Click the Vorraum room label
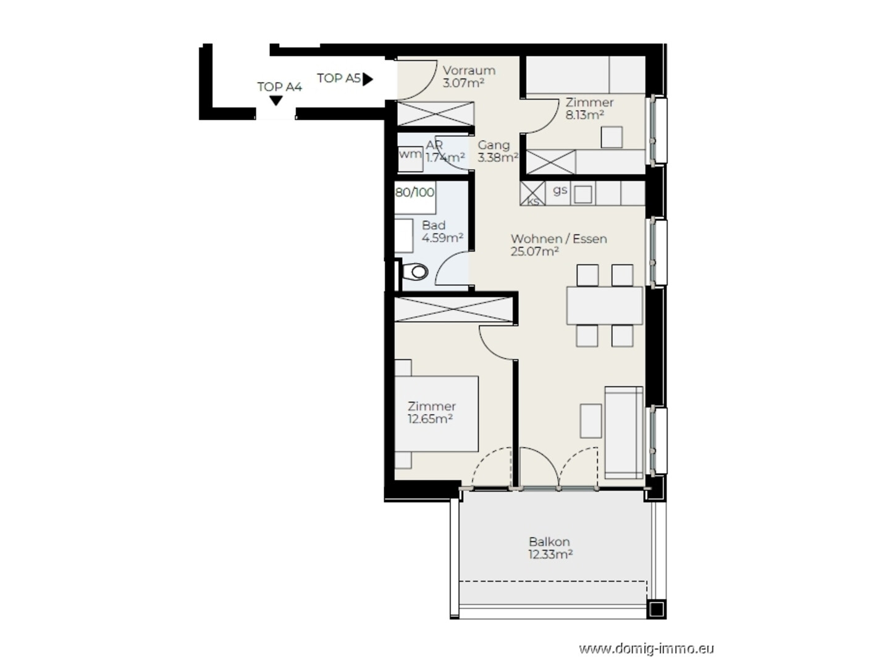click(469, 70)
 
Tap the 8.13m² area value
click(584, 115)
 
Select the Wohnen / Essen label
click(558, 238)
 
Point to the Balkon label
click(549, 542)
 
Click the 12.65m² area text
click(430, 419)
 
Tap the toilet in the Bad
click(415, 272)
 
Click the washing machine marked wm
click(410, 158)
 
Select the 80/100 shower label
click(414, 192)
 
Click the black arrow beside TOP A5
click(368, 79)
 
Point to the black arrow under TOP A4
click(276, 101)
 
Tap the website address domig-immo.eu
click(646, 649)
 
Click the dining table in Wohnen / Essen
click(604, 305)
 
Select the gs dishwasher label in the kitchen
click(560, 190)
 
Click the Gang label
click(494, 145)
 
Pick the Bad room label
click(434, 225)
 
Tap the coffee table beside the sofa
click(591, 420)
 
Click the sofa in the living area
click(623, 432)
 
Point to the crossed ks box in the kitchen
click(532, 193)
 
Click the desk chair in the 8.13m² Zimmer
click(612, 137)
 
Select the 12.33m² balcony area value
click(550, 554)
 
